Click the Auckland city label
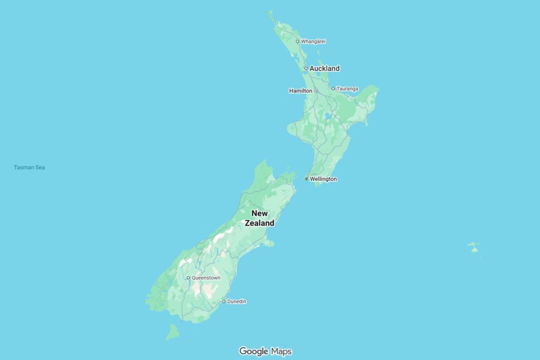[x=324, y=69]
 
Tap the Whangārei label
[x=313, y=41]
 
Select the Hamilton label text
[x=301, y=91]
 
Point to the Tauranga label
[x=348, y=89]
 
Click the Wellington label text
[x=323, y=179]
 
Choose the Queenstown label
[x=206, y=278]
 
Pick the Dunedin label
[x=236, y=301]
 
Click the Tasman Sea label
[x=30, y=168]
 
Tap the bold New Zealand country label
[x=259, y=218]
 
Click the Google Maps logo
[x=265, y=351]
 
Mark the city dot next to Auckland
[x=306, y=69]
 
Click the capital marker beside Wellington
[x=306, y=179]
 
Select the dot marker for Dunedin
[x=224, y=301]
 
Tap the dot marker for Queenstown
[x=188, y=278]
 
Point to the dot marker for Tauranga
[x=333, y=89]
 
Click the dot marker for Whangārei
[x=297, y=41]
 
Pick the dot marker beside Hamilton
[x=316, y=91]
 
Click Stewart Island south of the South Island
[x=172, y=333]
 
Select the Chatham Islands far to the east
[x=474, y=247]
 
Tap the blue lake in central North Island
[x=328, y=115]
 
